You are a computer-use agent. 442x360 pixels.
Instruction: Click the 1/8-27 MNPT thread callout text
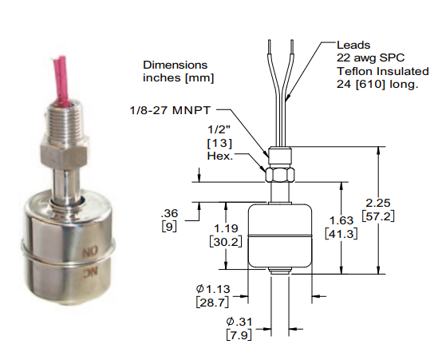click(170, 110)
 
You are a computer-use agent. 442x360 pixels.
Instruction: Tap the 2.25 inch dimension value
click(378, 203)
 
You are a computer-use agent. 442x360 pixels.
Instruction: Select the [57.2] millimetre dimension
click(378, 216)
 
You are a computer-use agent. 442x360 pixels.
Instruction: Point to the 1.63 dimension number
click(341, 220)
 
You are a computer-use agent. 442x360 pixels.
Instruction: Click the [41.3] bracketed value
click(341, 234)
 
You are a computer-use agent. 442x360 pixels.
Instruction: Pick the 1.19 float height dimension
click(226, 228)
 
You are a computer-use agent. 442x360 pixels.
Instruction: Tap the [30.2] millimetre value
click(226, 242)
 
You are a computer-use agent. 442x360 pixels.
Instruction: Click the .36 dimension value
click(169, 213)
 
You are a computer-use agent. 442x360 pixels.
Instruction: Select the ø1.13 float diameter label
click(213, 289)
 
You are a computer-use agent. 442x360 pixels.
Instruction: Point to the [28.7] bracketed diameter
click(212, 303)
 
